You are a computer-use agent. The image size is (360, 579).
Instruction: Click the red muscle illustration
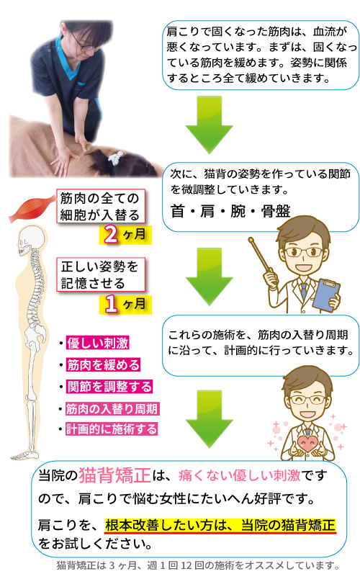31,210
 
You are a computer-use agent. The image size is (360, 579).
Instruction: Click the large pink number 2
111,235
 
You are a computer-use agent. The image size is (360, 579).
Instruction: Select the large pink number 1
111,305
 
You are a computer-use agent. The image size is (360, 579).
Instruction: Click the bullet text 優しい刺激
98,343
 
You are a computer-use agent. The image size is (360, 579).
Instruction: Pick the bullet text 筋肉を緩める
104,365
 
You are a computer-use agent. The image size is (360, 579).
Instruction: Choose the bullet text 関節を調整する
109,387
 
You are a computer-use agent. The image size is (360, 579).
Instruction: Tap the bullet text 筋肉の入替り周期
112,409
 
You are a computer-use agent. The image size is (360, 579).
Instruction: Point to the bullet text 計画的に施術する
112,429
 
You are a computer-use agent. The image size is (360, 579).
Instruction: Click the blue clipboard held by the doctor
325,295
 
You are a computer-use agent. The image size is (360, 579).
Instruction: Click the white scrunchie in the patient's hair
115,158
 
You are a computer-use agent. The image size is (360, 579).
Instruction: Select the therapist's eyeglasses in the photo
85,45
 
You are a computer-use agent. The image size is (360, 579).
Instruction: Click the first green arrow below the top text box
209,125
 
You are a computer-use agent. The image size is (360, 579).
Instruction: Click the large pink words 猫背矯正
114,475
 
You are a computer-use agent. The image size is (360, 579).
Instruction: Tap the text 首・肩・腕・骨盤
230,211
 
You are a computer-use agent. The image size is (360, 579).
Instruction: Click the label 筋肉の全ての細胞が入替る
100,207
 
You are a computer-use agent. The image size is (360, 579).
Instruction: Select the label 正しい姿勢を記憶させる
100,275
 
